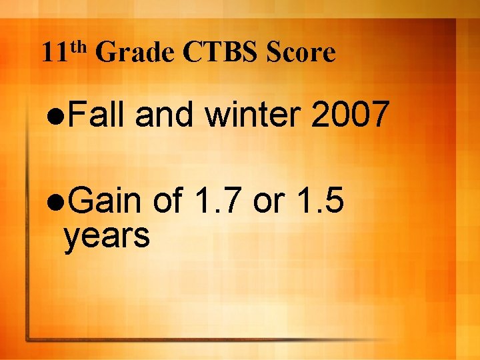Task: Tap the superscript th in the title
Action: (79, 46)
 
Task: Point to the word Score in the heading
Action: (299, 53)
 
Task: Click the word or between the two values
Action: (267, 203)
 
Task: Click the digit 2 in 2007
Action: (321, 115)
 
